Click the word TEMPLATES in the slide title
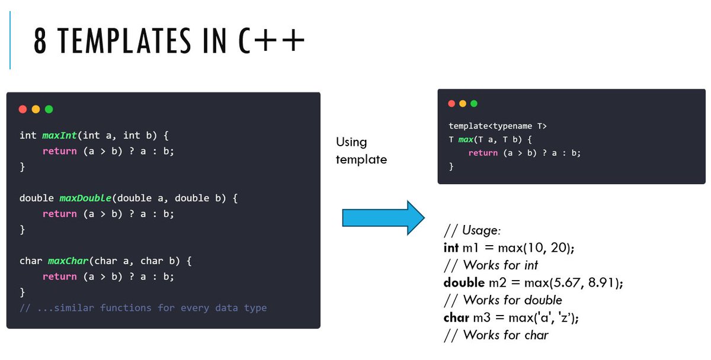point(128,43)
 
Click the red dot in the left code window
point(23,109)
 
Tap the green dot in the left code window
point(49,109)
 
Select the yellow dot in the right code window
point(463,104)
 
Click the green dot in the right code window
point(474,104)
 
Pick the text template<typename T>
point(498,126)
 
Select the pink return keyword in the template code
point(483,153)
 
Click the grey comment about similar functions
point(143,308)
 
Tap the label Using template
point(361,150)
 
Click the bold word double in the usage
point(464,282)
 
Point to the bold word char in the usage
point(456,317)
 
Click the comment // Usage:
point(472,230)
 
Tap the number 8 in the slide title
point(40,43)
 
